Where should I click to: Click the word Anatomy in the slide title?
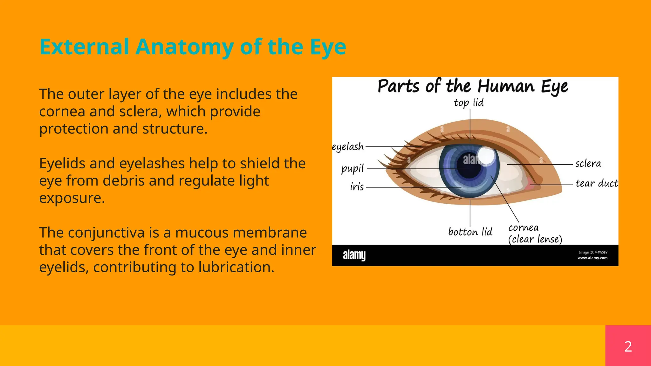(x=185, y=47)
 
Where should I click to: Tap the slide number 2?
(x=628, y=346)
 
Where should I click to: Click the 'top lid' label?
(x=469, y=103)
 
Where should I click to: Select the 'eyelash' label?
(x=348, y=147)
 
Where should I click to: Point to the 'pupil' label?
(x=352, y=168)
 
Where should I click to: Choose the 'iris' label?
(x=357, y=187)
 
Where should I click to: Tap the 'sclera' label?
(x=588, y=164)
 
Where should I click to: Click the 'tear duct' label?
(x=597, y=183)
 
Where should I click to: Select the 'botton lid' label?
(x=470, y=232)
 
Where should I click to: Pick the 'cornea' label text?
(x=523, y=228)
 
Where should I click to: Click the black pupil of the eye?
(x=469, y=167)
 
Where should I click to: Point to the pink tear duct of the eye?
(x=529, y=185)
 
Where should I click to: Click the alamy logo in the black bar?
(x=354, y=255)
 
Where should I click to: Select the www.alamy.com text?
(x=592, y=258)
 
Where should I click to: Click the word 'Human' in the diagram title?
(x=506, y=86)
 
